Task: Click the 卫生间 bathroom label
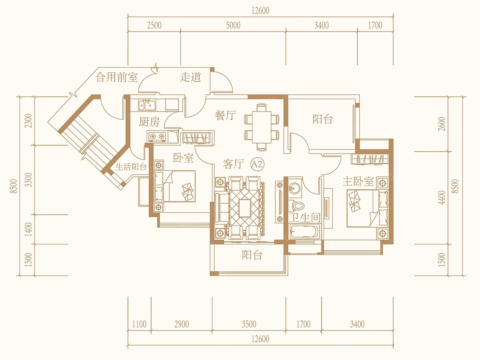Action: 305,217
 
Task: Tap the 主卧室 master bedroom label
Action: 358,182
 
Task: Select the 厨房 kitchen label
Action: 149,122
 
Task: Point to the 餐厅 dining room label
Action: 226,115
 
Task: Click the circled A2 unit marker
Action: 257,164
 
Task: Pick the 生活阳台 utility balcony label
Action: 131,167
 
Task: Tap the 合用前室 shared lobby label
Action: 117,77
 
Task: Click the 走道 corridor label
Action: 190,77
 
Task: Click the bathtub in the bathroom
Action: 304,232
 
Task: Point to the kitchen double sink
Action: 147,105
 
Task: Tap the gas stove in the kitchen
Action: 156,136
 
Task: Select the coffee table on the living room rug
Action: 244,208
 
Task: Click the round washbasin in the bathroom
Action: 294,188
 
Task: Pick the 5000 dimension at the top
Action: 233,26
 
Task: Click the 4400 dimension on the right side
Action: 442,198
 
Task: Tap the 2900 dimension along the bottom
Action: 182,324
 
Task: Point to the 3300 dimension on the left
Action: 28,180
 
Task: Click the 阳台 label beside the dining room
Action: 322,119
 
